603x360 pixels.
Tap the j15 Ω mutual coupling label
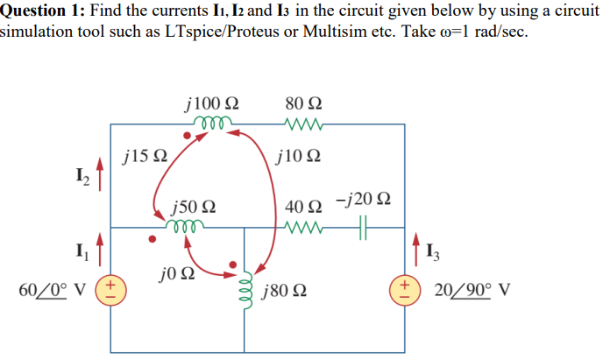coord(145,158)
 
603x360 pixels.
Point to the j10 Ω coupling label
coord(298,158)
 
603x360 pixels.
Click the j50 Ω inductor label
coord(195,208)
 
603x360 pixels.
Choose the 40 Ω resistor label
coord(303,208)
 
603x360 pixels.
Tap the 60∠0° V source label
coord(58,289)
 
